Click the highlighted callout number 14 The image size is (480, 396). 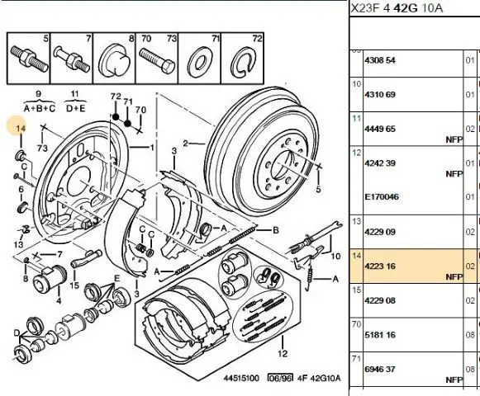20,129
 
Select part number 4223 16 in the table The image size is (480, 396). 379,266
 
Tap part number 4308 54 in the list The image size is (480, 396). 379,60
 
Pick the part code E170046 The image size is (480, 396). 382,196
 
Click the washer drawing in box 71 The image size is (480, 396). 200,62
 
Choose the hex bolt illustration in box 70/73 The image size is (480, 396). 157,61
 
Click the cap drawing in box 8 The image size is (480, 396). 113,60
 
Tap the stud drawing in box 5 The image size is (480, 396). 29,58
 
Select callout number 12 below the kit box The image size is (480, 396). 283,353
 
